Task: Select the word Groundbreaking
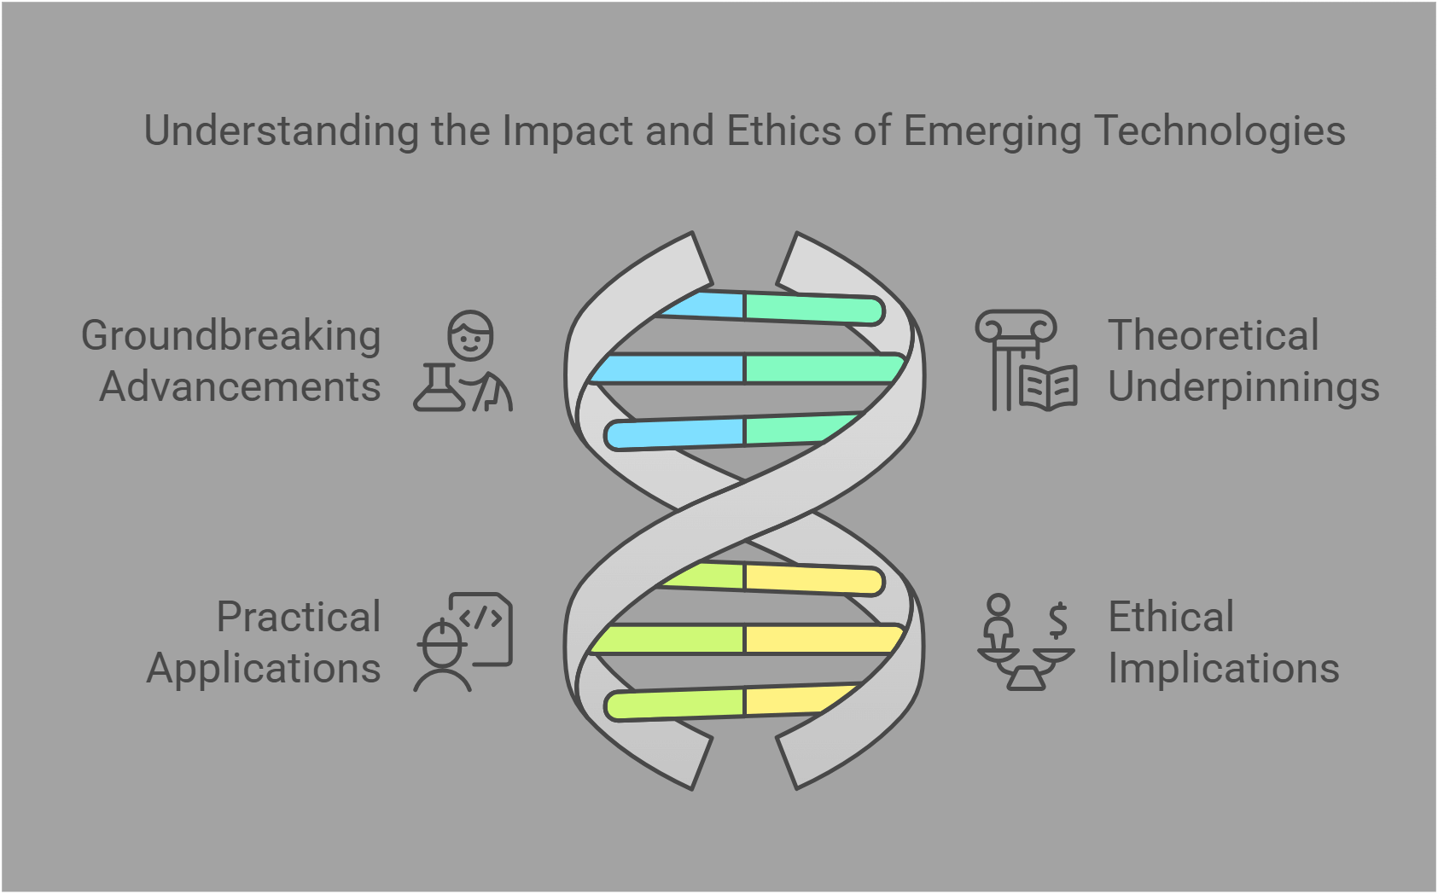click(x=230, y=336)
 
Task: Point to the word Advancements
click(x=240, y=387)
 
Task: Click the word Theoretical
click(x=1213, y=335)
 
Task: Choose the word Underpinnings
click(x=1243, y=387)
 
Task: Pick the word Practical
click(x=298, y=617)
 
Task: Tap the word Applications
click(x=264, y=668)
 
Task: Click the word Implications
click(x=1223, y=668)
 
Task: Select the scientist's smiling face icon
click(x=471, y=336)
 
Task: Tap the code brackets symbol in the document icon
click(x=480, y=618)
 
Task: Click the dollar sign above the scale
click(x=1058, y=620)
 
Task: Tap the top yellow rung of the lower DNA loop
click(x=811, y=579)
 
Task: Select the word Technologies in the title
click(x=1220, y=131)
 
